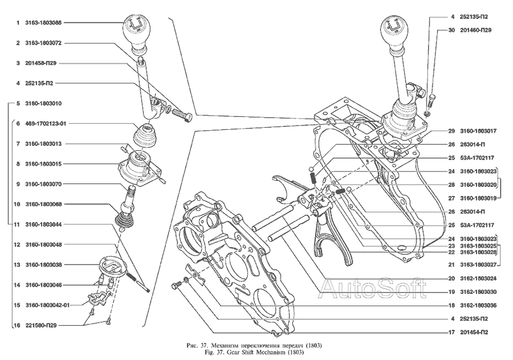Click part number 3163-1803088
[x=43, y=23]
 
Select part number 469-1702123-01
[x=46, y=124]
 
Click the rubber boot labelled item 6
[x=146, y=135]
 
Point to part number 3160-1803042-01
[x=47, y=305]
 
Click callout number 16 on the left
[x=17, y=325]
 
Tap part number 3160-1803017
[x=478, y=131]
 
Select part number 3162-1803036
[x=478, y=305]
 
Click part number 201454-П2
[x=474, y=332]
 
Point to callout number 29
[x=451, y=131]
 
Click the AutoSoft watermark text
[x=373, y=288]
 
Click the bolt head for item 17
[x=175, y=287]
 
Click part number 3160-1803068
[x=43, y=204]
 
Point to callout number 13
[x=17, y=265]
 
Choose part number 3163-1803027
[x=478, y=265]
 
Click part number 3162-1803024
[x=478, y=279]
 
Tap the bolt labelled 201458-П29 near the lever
[x=181, y=116]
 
